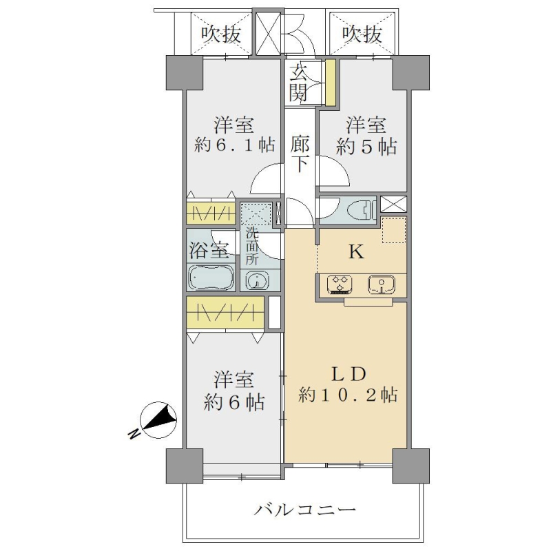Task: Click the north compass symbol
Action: click(158, 420)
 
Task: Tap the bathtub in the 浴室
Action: click(211, 277)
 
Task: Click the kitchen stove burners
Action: click(339, 284)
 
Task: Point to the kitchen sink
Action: click(382, 284)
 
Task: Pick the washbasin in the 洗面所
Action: click(257, 281)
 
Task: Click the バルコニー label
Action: click(305, 510)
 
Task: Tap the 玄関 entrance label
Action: click(298, 83)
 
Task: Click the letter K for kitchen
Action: click(356, 252)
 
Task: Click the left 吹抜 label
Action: click(221, 34)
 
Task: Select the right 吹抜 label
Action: click(362, 34)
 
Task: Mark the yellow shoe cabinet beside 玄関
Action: click(331, 83)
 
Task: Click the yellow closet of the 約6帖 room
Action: click(225, 312)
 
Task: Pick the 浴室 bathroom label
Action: click(209, 250)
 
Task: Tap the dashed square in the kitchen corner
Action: click(394, 230)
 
